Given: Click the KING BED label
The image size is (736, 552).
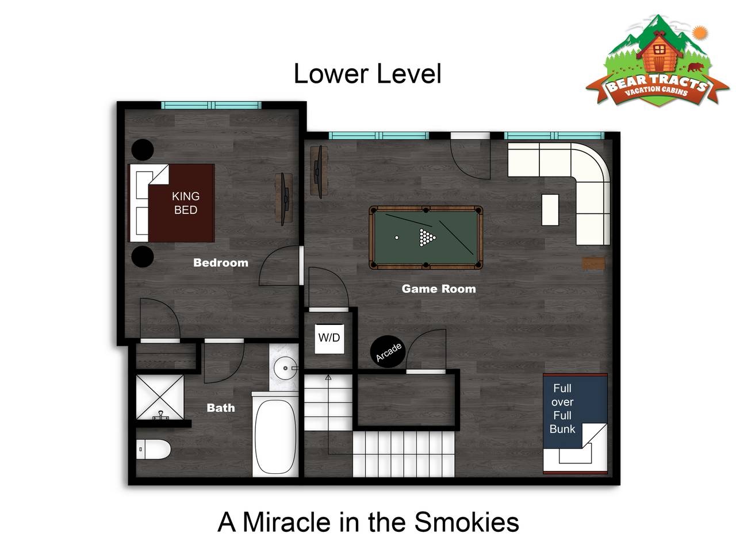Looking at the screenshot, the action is (x=185, y=203).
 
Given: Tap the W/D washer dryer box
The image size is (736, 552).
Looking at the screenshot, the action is (x=329, y=339).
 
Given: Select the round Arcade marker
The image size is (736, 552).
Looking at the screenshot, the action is (x=388, y=351).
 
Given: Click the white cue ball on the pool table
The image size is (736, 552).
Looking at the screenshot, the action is (x=397, y=237).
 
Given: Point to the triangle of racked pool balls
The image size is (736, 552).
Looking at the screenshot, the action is (x=427, y=237).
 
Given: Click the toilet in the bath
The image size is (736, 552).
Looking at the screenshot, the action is (x=153, y=450).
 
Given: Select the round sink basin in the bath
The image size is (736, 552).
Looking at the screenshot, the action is (x=285, y=368).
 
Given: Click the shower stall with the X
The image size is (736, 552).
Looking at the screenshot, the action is (x=160, y=397).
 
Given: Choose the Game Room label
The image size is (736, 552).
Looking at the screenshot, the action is (x=439, y=289).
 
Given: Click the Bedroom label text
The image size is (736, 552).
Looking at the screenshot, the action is (x=221, y=263).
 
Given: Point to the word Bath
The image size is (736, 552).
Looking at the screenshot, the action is (x=221, y=408).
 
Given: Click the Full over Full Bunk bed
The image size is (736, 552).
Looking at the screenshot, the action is (x=575, y=424).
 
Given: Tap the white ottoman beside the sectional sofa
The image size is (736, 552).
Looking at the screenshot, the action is (x=550, y=210).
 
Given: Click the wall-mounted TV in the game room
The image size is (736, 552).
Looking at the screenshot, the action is (x=319, y=171).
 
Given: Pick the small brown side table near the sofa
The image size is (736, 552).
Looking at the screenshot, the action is (x=593, y=263).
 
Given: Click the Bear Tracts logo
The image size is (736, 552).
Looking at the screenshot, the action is (x=658, y=60).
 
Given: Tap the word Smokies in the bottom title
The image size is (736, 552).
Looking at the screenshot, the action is (x=467, y=522).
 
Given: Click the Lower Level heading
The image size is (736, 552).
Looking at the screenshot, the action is (x=367, y=74).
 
